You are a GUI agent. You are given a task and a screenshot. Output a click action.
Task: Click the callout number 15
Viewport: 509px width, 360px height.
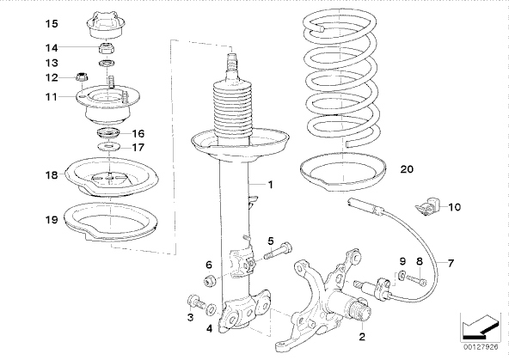[52, 24]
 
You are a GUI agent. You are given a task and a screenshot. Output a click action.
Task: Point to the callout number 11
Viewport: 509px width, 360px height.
[52, 96]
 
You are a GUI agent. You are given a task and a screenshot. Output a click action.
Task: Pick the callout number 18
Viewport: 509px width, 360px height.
[52, 175]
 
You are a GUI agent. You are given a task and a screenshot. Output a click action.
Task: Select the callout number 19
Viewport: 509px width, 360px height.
[52, 220]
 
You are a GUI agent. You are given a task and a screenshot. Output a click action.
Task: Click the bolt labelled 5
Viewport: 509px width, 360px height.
[278, 251]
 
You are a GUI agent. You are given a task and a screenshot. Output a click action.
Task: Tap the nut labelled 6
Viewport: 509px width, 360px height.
[210, 280]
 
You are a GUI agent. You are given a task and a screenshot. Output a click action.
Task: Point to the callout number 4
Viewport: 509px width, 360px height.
[210, 328]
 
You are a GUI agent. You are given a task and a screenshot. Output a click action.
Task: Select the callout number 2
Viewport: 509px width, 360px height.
[362, 336]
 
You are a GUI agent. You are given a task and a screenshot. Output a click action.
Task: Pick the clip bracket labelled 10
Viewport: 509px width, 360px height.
[427, 206]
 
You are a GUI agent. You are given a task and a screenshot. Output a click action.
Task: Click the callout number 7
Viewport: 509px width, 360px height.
[451, 263]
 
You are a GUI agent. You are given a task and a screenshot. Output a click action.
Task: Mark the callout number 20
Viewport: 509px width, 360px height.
[407, 169]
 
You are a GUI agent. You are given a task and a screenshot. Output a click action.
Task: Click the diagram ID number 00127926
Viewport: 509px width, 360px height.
[481, 347]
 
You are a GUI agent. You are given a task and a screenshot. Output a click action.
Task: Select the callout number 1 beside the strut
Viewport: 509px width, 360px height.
[270, 185]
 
